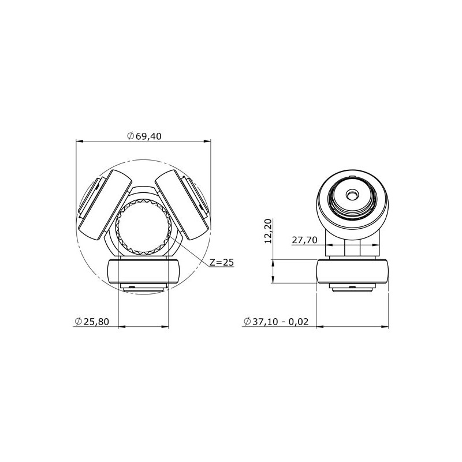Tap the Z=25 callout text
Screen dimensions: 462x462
[x=222, y=262]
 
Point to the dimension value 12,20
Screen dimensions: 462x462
[x=267, y=231]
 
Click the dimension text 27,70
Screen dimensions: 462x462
[x=304, y=240]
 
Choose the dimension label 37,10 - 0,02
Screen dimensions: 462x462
[x=284, y=321]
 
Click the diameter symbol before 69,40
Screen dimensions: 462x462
[x=131, y=136]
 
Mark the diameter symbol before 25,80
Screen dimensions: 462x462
[x=78, y=321]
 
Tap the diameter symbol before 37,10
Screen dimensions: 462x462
[x=247, y=321]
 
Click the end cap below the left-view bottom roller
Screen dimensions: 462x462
[x=143, y=288]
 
